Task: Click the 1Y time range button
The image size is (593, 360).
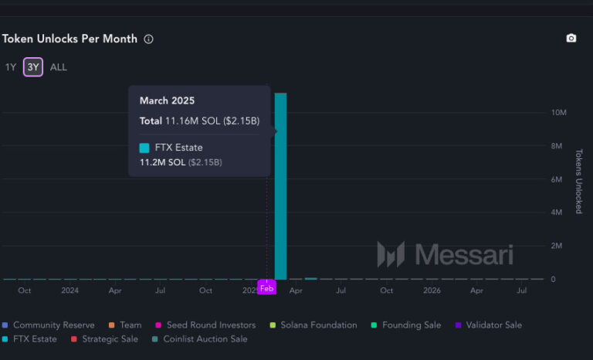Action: (10, 67)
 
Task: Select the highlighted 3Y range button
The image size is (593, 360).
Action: (33, 67)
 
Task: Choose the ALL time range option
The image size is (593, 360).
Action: (59, 67)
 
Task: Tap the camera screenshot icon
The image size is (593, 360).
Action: (571, 39)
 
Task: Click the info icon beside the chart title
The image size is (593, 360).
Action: (148, 39)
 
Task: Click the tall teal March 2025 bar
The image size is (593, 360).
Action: (280, 185)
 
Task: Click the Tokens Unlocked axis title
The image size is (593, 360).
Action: (579, 182)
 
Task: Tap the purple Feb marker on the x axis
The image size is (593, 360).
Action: (266, 288)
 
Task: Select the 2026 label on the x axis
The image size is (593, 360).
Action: (432, 290)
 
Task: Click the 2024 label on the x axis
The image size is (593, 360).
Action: (69, 290)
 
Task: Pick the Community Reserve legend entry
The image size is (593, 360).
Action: (53, 325)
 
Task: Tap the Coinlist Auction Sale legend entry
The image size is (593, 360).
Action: (205, 339)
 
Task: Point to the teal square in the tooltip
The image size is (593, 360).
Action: (144, 148)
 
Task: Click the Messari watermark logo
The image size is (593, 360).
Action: (444, 254)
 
